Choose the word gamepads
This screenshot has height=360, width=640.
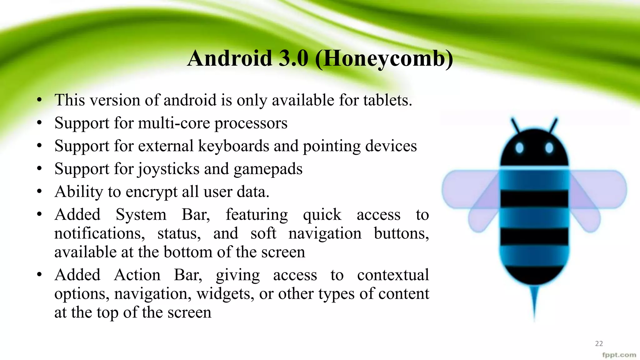tap(268, 169)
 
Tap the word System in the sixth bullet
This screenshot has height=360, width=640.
tap(141, 215)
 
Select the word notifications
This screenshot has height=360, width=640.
tap(99, 233)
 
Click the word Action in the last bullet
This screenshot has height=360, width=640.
tap(137, 275)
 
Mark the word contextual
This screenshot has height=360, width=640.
tap(393, 275)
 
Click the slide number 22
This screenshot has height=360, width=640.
tap(599, 343)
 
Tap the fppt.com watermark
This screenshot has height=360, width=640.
tap(619, 355)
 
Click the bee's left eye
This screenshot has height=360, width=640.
tap(519, 148)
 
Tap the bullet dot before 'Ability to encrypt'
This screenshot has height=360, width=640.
tap(39, 192)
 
